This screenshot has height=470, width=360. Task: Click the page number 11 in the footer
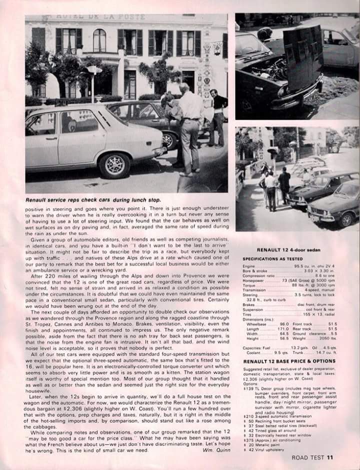(x=330, y=456)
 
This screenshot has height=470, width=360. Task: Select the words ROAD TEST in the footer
(x=308, y=456)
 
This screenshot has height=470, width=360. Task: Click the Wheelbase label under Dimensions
(x=256, y=324)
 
